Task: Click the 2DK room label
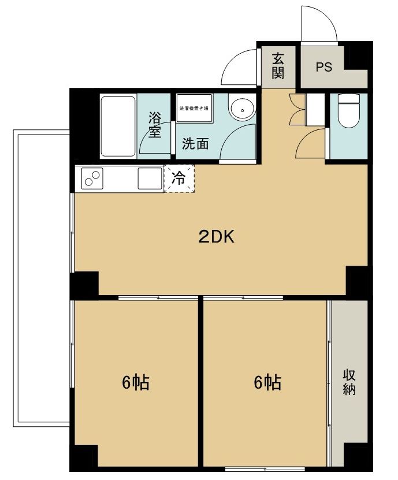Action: point(216,236)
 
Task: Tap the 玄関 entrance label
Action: point(278,66)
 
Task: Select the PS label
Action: point(324,67)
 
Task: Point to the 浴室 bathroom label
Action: point(154,124)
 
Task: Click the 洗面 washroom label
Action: point(195,144)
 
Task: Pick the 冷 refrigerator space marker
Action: point(179,178)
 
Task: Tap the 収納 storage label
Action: point(349,382)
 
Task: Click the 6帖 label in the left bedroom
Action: point(136,382)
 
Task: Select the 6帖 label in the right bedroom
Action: point(267,382)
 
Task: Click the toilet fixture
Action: point(348,111)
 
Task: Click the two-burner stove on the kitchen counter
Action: point(92,178)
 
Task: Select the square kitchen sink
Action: point(149,178)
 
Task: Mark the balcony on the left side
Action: point(41,277)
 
